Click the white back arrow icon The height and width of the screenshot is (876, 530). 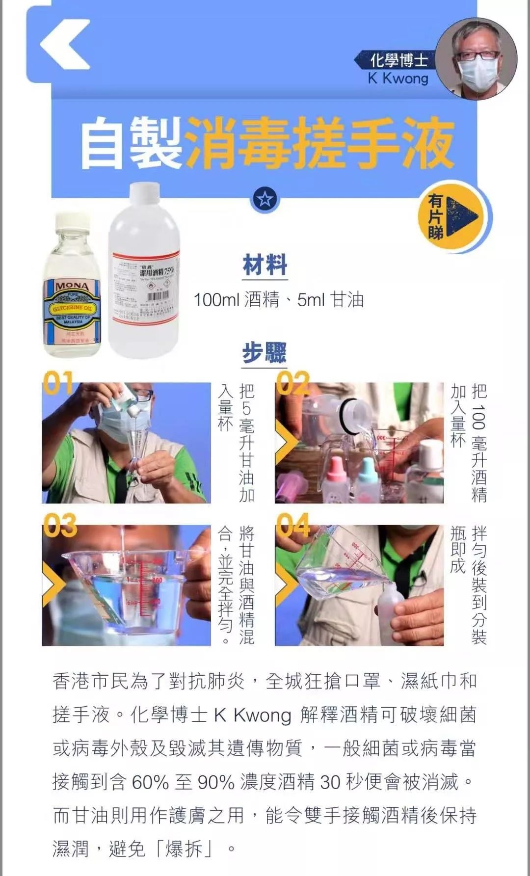click(x=65, y=44)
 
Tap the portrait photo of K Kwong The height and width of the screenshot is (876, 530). click(x=476, y=59)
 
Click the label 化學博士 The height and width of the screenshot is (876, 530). click(x=398, y=60)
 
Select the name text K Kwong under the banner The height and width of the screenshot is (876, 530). click(x=398, y=79)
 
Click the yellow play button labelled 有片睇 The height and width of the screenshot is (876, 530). click(x=454, y=217)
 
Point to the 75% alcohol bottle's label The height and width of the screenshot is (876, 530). click(x=146, y=290)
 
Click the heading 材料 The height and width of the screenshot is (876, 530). click(x=265, y=265)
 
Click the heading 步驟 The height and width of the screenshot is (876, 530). click(x=264, y=352)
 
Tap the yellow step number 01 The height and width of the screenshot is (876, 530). click(x=58, y=383)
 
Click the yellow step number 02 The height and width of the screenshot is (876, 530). click(x=292, y=383)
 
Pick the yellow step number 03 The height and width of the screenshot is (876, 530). click(x=60, y=525)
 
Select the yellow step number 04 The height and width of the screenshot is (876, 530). click(x=293, y=525)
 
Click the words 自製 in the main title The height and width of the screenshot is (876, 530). click(x=132, y=143)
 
